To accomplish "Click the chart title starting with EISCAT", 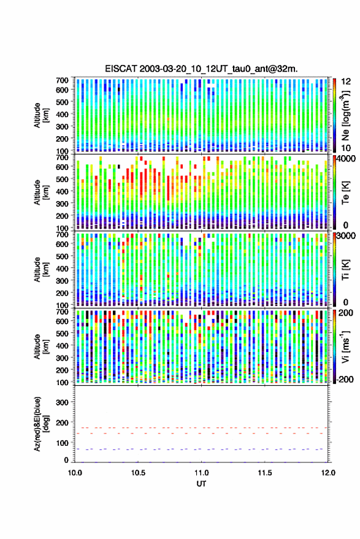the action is pos(201,69).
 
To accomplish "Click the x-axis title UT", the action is pos(201,484).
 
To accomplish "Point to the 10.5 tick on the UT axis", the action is pos(138,473).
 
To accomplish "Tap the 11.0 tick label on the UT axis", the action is pos(201,473).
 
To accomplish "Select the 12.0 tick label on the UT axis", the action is pos(328,473).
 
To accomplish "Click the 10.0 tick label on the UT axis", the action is pos(75,473).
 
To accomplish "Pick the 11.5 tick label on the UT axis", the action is pos(265,473).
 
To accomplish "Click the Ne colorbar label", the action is pos(346,115).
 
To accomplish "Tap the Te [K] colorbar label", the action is pos(345,193).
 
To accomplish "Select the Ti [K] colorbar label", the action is pos(345,269).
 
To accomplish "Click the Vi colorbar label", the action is pos(345,346).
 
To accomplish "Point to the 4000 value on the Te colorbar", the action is pos(347,159).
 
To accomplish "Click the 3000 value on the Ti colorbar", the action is pos(347,236).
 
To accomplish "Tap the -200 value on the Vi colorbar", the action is pos(344,380).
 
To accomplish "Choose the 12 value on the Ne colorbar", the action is pos(346,82).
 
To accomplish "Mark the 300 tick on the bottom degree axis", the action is pos(62,402).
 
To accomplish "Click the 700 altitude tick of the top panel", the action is pos(62,80).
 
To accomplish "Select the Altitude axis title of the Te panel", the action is pos(41,193).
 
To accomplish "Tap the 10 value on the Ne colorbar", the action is pos(346,148).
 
